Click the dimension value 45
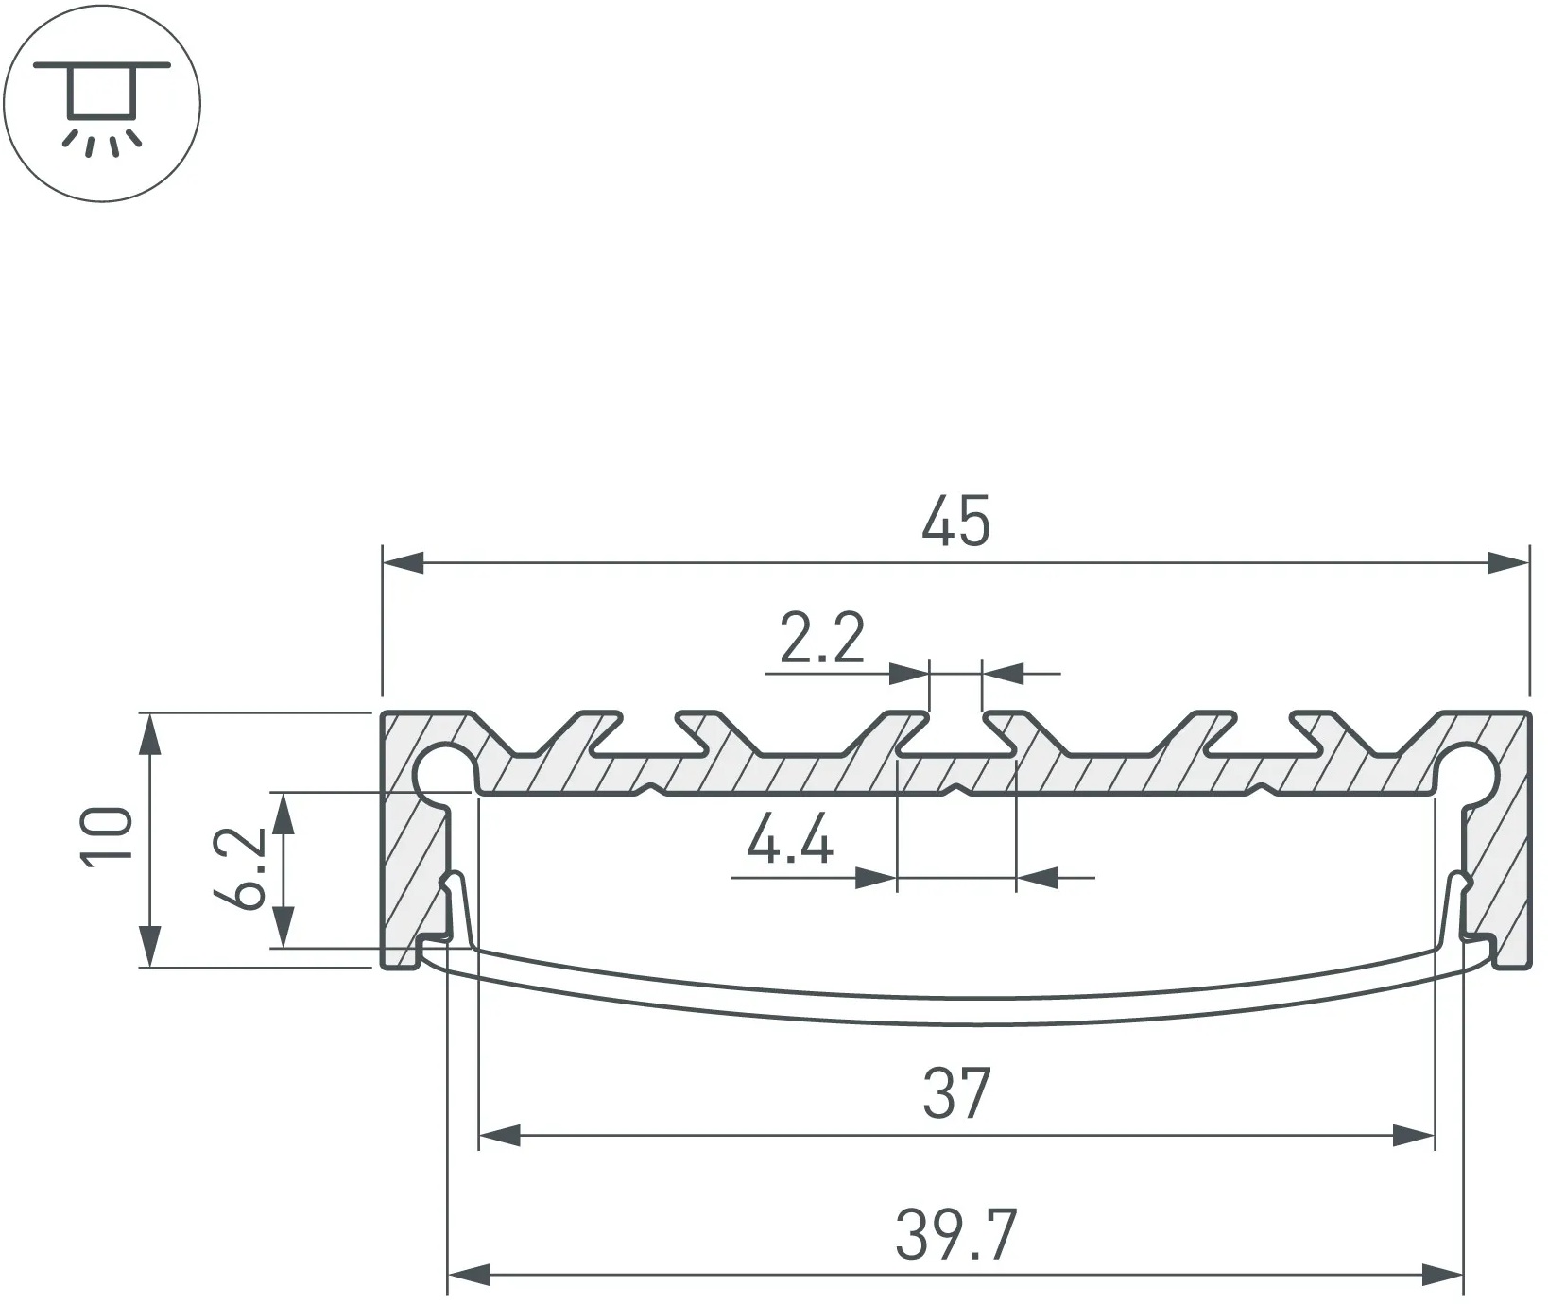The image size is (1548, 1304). [955, 521]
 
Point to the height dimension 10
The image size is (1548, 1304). [107, 836]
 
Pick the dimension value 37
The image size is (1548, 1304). [956, 1093]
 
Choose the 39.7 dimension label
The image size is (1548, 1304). [955, 1235]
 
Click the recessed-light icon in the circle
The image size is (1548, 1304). [102, 102]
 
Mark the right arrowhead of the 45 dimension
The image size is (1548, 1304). [1508, 563]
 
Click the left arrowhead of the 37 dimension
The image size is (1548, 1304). [500, 1136]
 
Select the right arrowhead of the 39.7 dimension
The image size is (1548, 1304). [1441, 1276]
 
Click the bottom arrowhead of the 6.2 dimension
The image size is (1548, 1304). [284, 926]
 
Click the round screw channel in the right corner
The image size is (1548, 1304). [1471, 771]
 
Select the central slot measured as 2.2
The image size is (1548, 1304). [955, 733]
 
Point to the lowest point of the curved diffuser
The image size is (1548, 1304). [955, 1024]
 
